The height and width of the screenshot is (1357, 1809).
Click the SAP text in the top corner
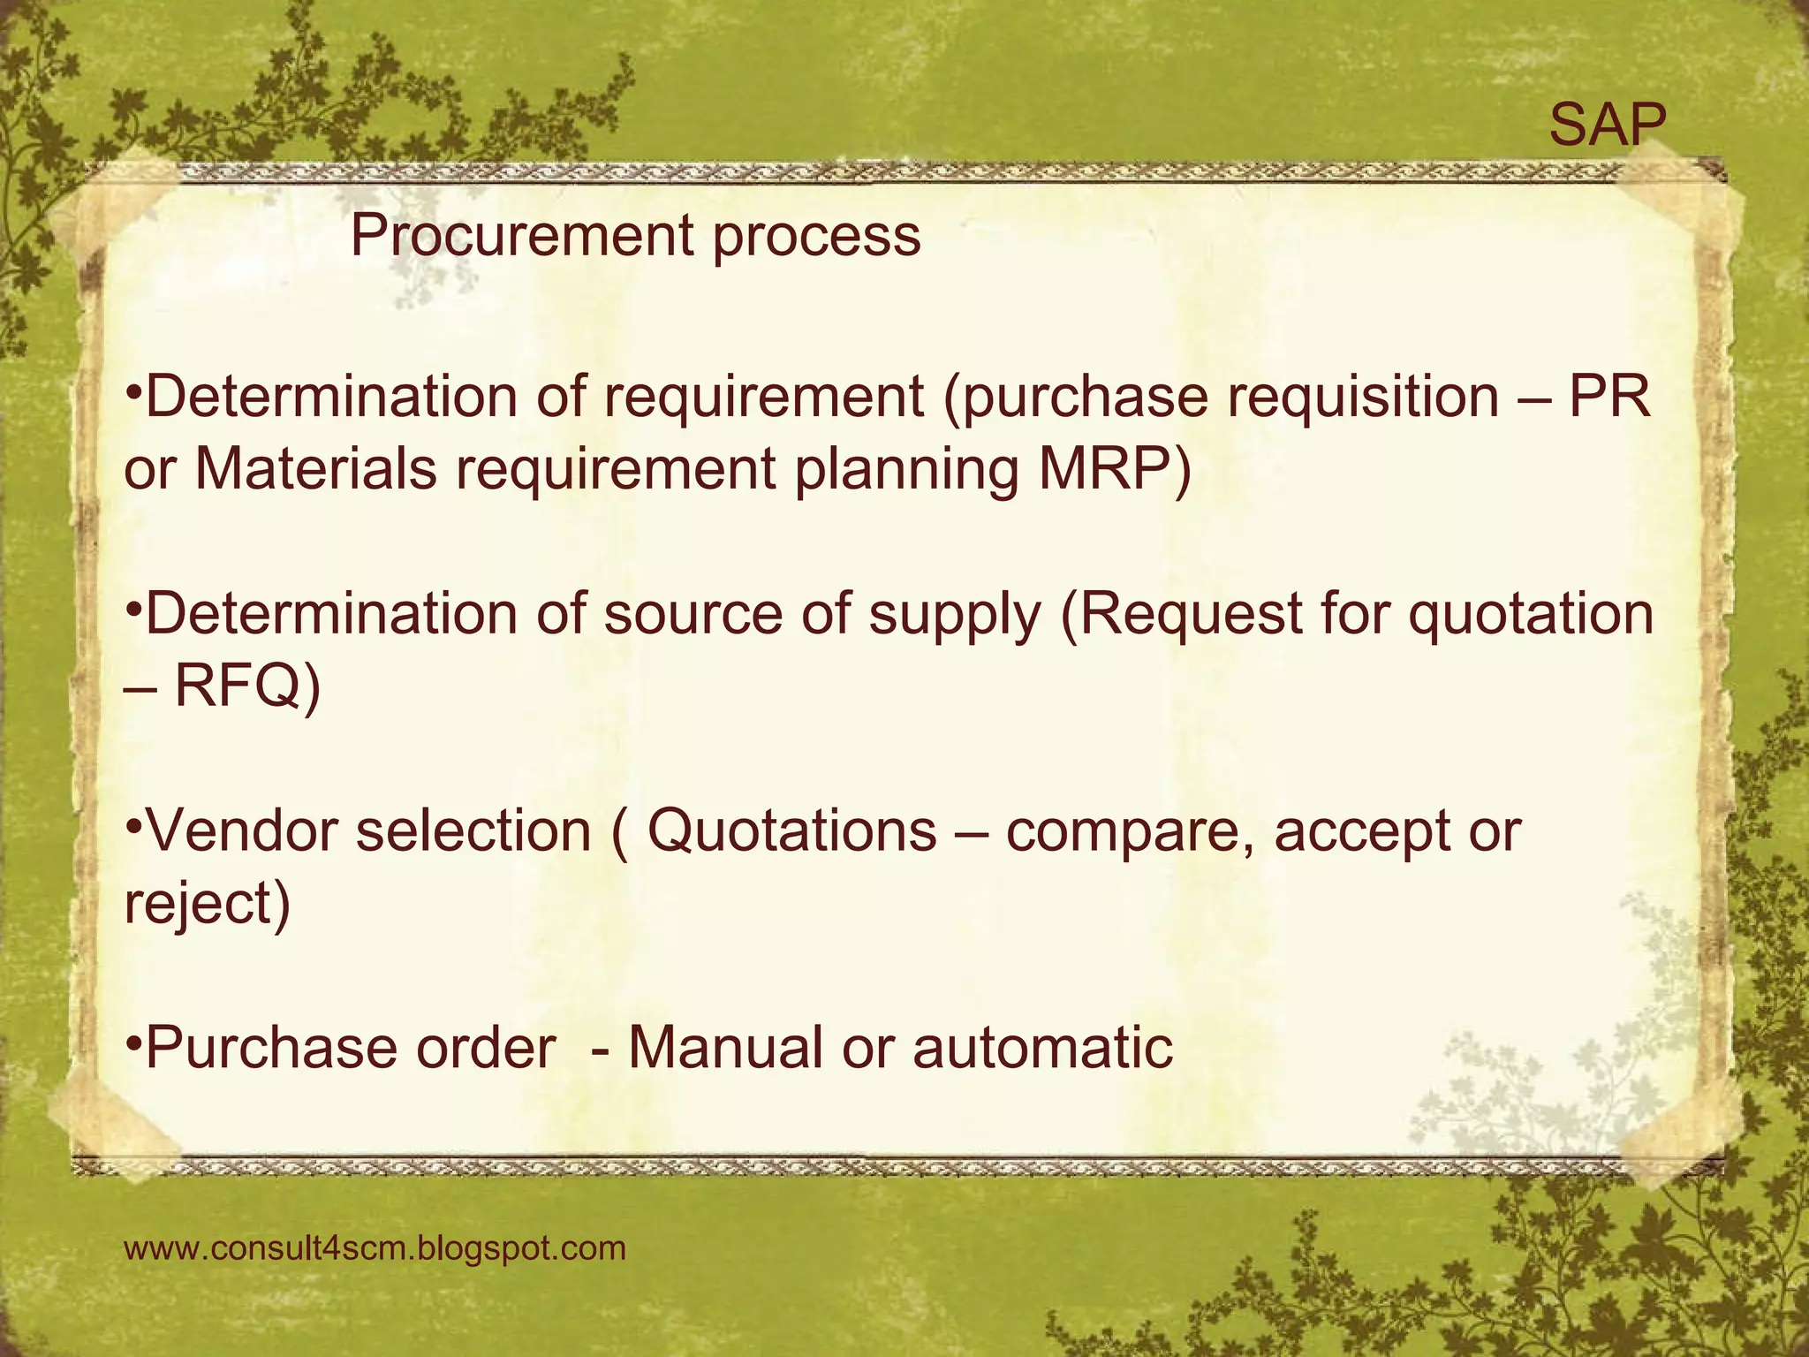[1607, 125]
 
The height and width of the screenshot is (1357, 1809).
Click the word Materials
[315, 469]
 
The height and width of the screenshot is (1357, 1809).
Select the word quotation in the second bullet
[1530, 615]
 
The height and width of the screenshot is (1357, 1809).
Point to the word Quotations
[791, 832]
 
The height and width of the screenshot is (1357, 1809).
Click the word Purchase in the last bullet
[270, 1049]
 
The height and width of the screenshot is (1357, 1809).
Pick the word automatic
[1042, 1049]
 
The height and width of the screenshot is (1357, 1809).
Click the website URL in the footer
[375, 1248]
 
